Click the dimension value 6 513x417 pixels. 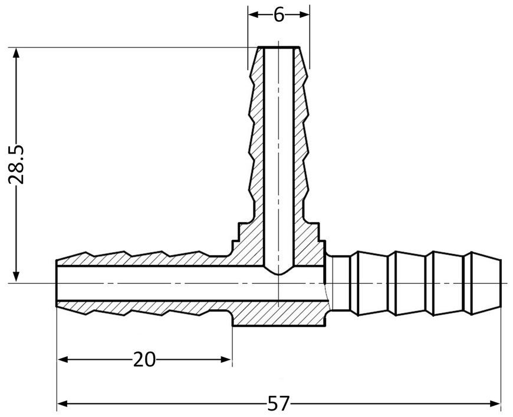279,15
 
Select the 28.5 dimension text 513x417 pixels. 16,164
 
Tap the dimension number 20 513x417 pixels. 144,360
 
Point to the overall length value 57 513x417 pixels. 279,403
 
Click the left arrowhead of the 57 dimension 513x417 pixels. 63,403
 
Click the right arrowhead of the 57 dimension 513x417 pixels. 495,403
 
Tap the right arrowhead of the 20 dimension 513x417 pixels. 226,360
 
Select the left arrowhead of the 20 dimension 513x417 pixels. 63,360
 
